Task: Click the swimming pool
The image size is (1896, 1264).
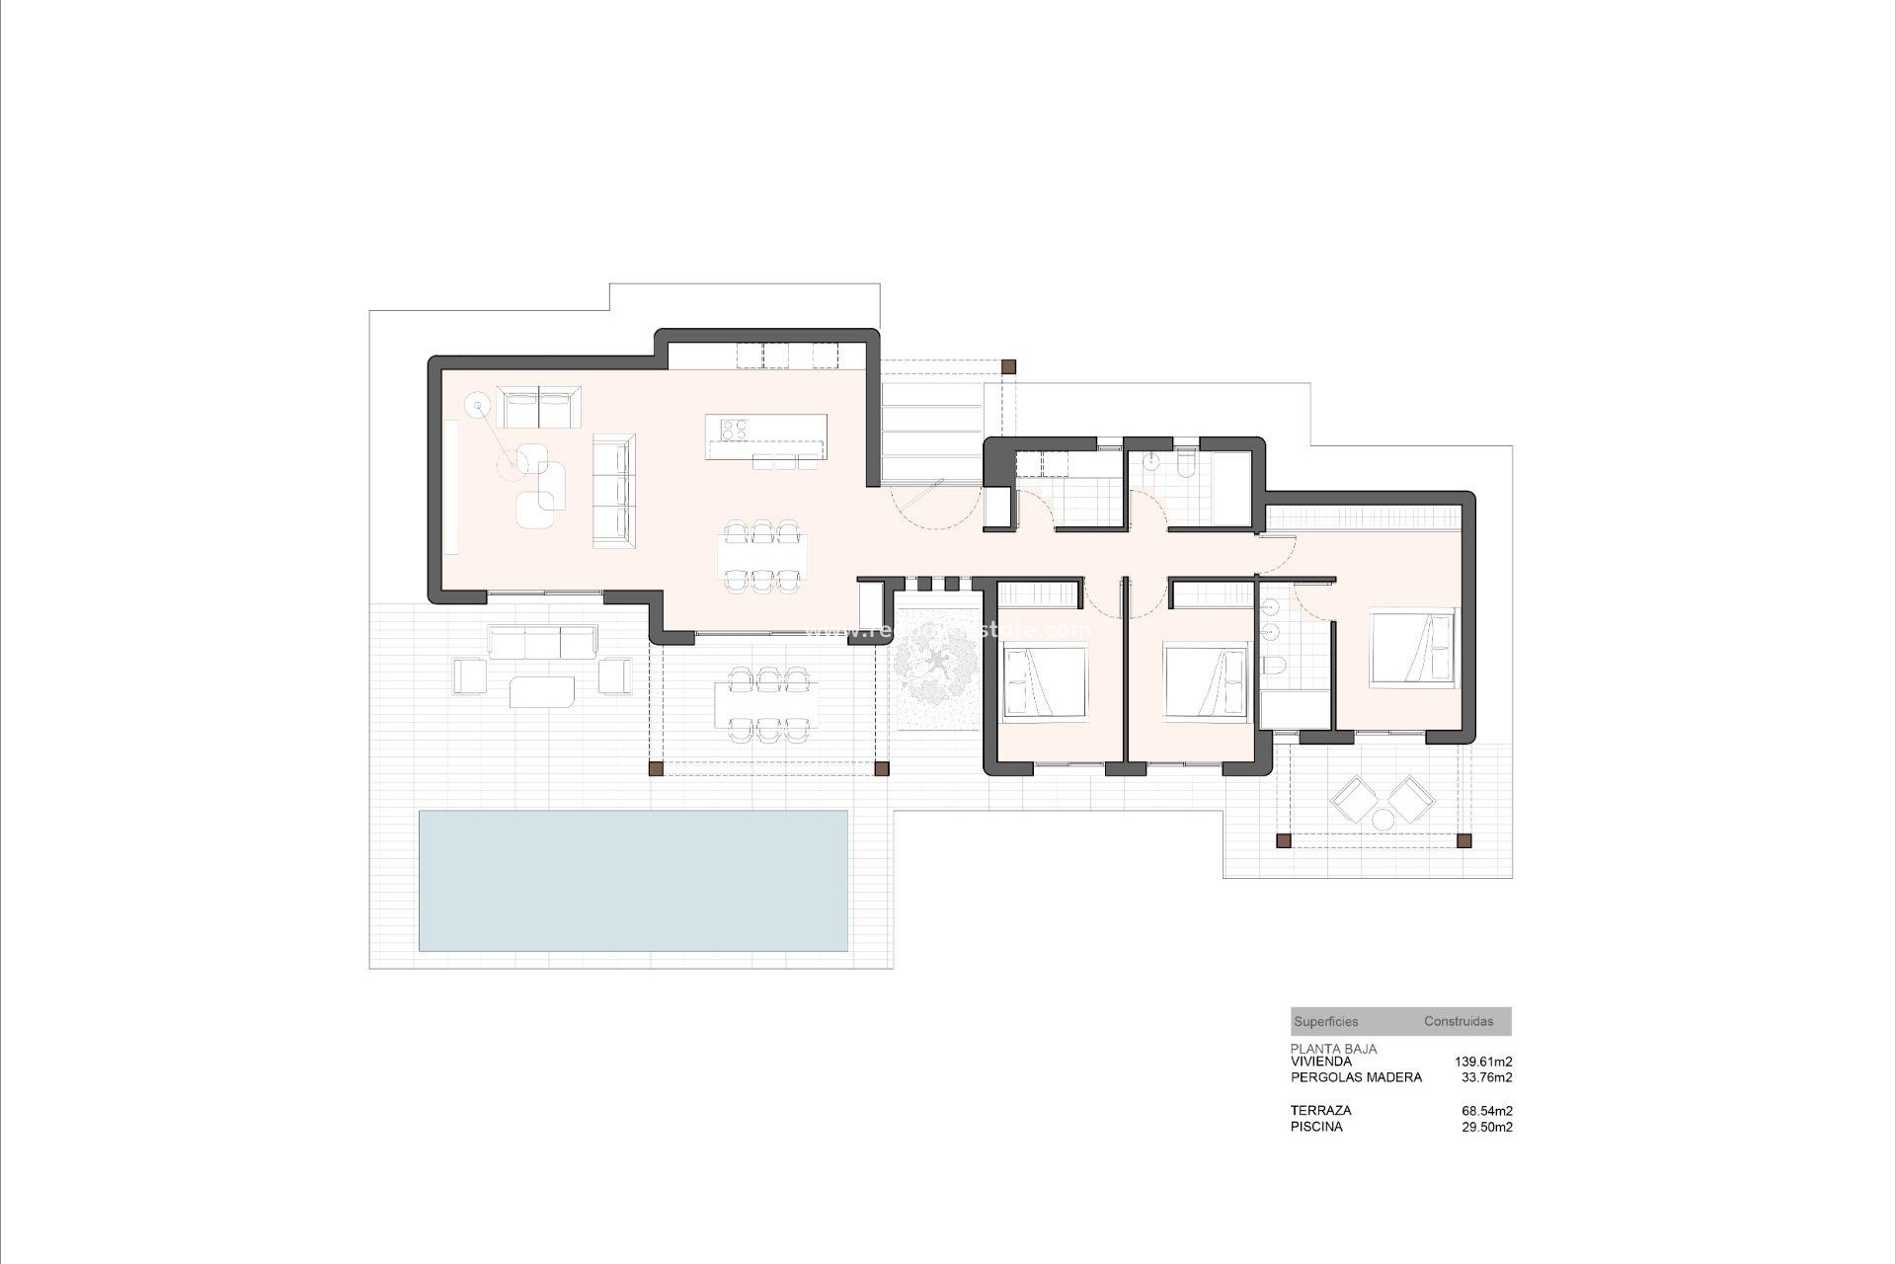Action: point(633,880)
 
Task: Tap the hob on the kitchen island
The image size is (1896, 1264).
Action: point(733,429)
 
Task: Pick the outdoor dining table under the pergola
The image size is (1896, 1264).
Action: point(766,703)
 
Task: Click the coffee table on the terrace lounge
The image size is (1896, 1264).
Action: point(542,691)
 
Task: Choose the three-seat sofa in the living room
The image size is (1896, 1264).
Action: point(613,490)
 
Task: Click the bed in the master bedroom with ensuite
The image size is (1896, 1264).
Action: point(1412,647)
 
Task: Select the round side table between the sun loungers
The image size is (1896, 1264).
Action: point(1382,819)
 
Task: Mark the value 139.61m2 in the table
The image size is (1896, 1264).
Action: point(1482,1062)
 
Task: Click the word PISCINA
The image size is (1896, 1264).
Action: point(1316,1127)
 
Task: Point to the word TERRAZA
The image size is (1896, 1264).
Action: point(1320,1111)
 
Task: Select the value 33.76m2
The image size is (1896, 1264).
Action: point(1486,1077)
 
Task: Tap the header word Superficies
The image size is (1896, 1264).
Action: point(1325,1022)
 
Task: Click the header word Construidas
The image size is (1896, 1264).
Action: point(1459,1022)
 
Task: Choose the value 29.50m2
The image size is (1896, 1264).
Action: point(1486,1127)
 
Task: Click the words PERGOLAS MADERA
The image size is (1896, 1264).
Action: point(1356,1077)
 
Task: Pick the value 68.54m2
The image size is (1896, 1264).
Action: point(1486,1111)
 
